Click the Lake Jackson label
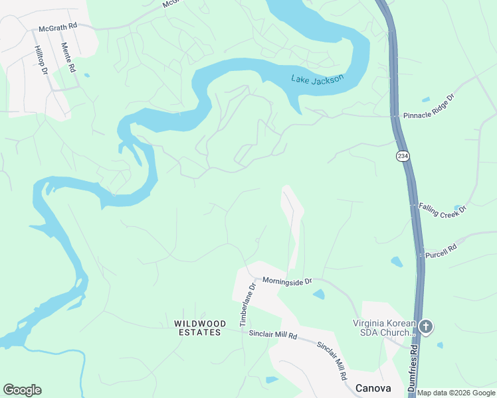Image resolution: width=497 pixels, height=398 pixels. click(x=318, y=80)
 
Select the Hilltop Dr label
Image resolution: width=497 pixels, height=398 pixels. click(x=42, y=60)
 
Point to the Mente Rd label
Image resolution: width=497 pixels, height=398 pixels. click(x=68, y=58)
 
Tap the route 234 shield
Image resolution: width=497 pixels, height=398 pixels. click(x=402, y=156)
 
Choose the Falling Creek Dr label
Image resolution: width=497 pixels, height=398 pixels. click(x=443, y=208)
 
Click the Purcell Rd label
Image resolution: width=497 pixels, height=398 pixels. click(x=441, y=250)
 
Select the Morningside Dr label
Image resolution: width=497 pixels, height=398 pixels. click(x=287, y=281)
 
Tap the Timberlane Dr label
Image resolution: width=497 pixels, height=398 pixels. click(x=247, y=305)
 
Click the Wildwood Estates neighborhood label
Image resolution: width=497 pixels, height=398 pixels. click(x=197, y=328)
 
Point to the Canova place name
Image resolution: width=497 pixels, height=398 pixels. click(x=373, y=388)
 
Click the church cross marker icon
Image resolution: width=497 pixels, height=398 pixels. click(x=426, y=326)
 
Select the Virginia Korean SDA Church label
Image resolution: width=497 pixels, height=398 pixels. click(x=383, y=328)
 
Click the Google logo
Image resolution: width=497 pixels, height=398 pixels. click(x=22, y=390)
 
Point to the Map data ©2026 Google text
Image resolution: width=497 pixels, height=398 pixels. click(x=456, y=393)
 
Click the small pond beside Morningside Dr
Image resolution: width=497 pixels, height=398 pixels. click(x=318, y=294)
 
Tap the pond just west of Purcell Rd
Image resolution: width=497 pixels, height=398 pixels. click(x=397, y=261)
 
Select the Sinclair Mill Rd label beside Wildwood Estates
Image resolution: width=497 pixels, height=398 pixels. click(x=272, y=335)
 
